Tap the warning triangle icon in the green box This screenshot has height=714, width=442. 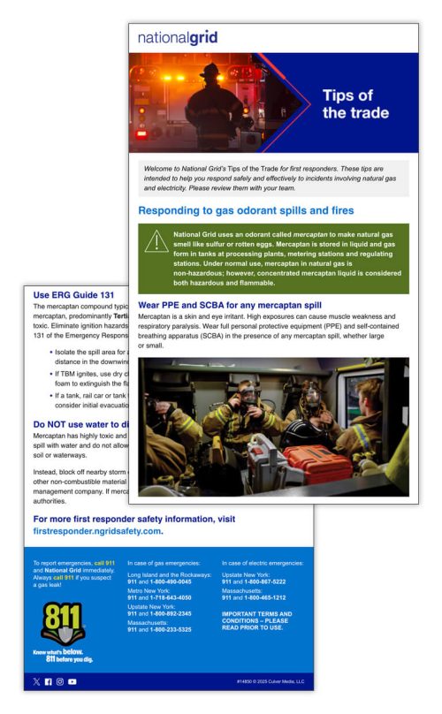coord(156,242)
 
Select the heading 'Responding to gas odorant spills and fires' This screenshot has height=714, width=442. coord(246,211)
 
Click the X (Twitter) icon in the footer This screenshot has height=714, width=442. coord(35,681)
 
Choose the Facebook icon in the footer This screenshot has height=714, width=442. coord(48,681)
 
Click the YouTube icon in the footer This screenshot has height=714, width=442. coord(72,681)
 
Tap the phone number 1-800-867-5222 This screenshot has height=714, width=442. coord(264,581)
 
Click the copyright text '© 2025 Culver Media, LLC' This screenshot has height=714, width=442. coord(271,681)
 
